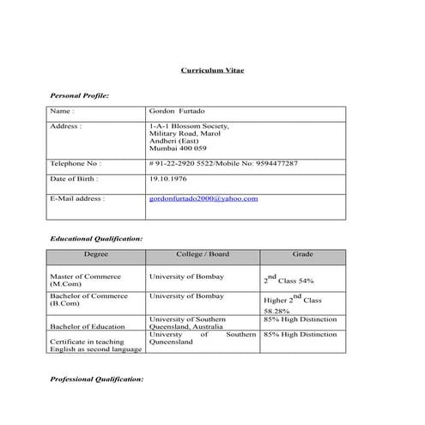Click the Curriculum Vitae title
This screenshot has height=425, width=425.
click(x=212, y=70)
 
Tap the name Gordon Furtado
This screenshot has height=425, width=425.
click(x=177, y=112)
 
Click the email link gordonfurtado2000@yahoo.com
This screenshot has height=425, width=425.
click(x=203, y=198)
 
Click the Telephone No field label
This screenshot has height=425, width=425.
click(x=76, y=162)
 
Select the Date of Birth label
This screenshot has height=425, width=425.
click(x=74, y=179)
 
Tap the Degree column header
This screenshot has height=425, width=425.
click(x=96, y=255)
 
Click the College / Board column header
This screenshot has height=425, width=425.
click(x=203, y=255)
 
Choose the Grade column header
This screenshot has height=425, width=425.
click(x=302, y=255)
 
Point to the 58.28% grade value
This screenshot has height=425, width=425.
click(x=276, y=311)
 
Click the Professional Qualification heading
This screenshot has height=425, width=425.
click(x=97, y=379)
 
